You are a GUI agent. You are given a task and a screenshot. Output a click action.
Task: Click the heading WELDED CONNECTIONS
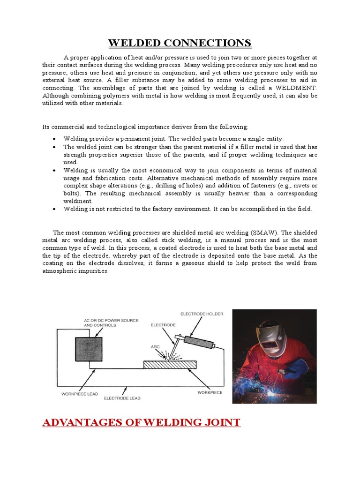click(x=180, y=43)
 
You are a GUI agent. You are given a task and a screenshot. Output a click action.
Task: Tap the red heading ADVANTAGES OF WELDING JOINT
click(x=141, y=422)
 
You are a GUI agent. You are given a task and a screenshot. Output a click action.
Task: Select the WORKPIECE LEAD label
click(x=80, y=394)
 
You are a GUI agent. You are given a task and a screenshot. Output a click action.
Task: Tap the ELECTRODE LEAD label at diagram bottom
click(x=122, y=398)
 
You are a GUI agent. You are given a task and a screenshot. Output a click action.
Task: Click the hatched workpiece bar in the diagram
click(x=170, y=364)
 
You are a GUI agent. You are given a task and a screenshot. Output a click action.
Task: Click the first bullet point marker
click(x=55, y=139)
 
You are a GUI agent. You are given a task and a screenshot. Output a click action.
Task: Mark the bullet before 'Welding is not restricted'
click(x=55, y=209)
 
